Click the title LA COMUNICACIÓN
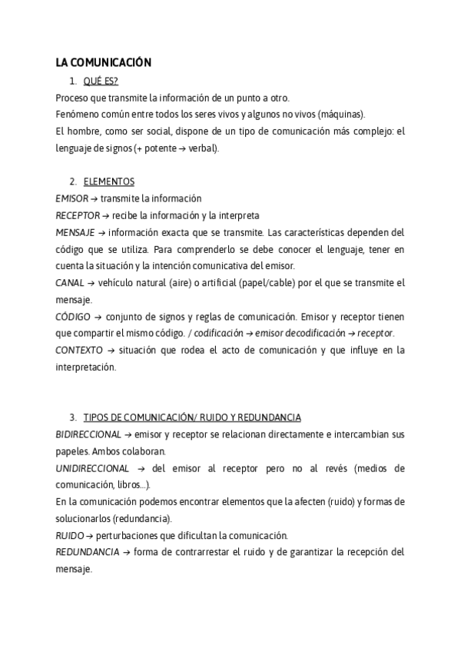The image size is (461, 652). [x=103, y=63]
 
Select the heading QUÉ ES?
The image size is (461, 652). [x=101, y=81]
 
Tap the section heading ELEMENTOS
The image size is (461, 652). [x=108, y=181]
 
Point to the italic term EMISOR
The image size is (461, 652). [x=72, y=198]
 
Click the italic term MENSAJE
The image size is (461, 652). [x=75, y=232]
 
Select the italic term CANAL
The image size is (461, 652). [x=70, y=283]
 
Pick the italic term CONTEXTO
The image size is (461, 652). [x=78, y=350]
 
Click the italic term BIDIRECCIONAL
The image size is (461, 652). [x=88, y=434]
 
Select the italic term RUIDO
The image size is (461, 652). [x=70, y=535]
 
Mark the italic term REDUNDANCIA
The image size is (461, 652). [x=87, y=552]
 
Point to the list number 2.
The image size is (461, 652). [x=72, y=181]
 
